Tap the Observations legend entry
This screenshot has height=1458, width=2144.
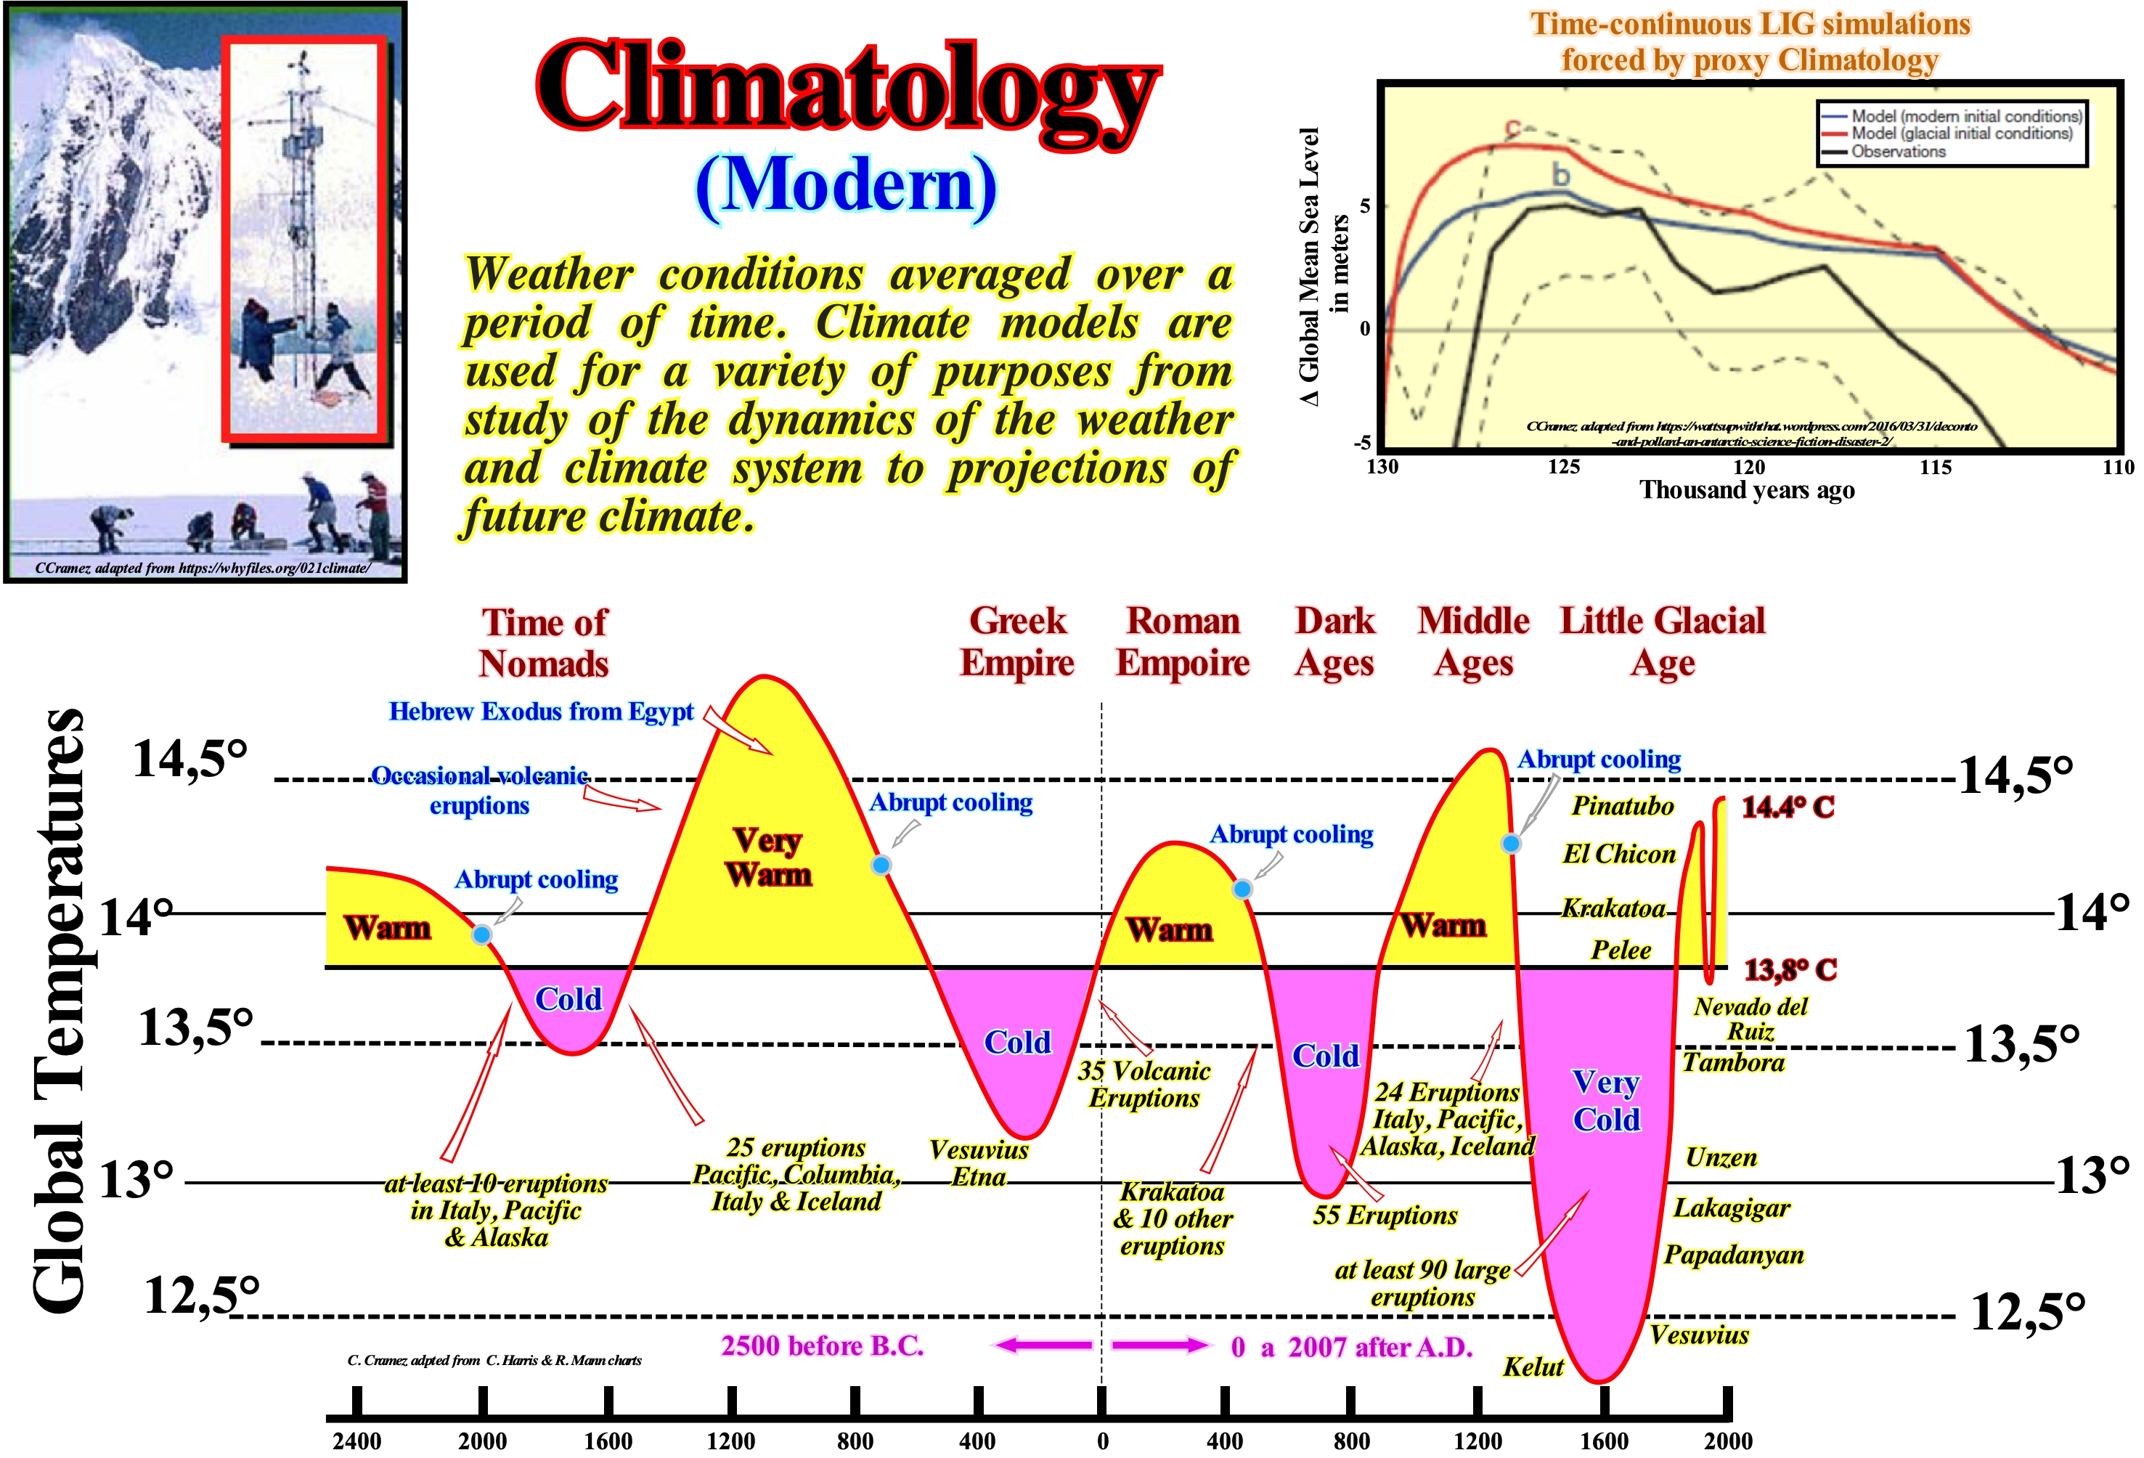[1898, 151]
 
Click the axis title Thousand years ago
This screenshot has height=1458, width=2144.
[1746, 490]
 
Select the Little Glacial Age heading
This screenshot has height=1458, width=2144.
[1663, 641]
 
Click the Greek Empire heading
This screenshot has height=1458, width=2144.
[1016, 641]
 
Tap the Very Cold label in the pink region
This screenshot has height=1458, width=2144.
[1606, 1100]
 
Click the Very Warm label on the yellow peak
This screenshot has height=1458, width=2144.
[768, 858]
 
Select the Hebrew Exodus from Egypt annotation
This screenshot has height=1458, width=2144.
[541, 712]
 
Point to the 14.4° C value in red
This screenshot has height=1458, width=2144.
[1787, 807]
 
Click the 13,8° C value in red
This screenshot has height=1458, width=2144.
[1790, 970]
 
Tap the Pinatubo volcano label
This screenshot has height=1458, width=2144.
[1622, 805]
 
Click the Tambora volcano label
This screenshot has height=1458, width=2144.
[1732, 1062]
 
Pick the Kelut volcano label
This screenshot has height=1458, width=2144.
[1533, 1367]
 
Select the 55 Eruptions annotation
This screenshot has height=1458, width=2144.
[1384, 1215]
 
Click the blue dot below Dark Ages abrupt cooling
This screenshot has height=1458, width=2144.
[1243, 889]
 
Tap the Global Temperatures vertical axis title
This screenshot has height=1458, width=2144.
[57, 1011]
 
